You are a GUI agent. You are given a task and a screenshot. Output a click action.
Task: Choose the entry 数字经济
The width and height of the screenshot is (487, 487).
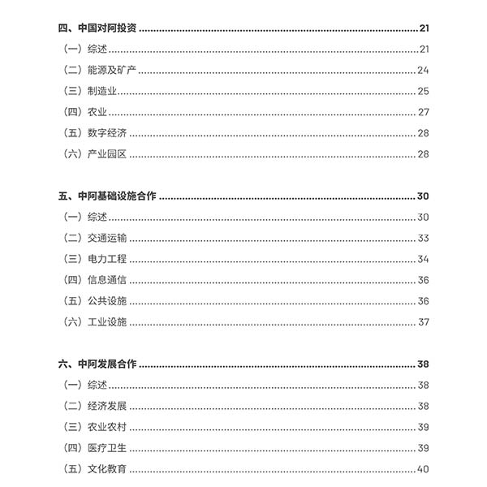(106, 133)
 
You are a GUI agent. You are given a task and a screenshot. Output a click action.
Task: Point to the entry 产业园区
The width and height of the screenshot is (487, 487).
(106, 154)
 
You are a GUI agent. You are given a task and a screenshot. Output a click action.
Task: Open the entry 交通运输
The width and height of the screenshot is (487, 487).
(106, 238)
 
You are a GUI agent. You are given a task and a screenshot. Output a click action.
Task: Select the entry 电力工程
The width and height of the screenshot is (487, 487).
(106, 259)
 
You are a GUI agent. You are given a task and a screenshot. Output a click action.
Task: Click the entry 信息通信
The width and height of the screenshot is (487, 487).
(106, 280)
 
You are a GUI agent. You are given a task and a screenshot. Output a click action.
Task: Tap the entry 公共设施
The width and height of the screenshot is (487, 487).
(106, 301)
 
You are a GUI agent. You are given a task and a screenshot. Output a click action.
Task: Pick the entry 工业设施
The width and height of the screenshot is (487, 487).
(106, 322)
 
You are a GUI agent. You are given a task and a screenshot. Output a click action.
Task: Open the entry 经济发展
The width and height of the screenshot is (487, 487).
(106, 406)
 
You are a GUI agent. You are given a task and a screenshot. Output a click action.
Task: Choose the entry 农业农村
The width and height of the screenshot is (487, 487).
(106, 427)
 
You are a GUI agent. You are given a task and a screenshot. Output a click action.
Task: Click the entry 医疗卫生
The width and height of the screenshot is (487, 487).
(106, 448)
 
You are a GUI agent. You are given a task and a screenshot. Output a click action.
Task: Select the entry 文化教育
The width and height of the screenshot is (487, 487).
(106, 469)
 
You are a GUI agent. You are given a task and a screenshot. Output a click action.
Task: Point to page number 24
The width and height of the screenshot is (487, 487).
(423, 70)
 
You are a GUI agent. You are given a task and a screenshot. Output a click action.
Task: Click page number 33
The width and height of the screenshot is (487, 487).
(423, 238)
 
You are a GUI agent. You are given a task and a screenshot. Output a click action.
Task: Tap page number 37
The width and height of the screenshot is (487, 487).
(423, 322)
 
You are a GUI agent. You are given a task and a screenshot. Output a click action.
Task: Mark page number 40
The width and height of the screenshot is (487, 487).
(423, 469)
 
